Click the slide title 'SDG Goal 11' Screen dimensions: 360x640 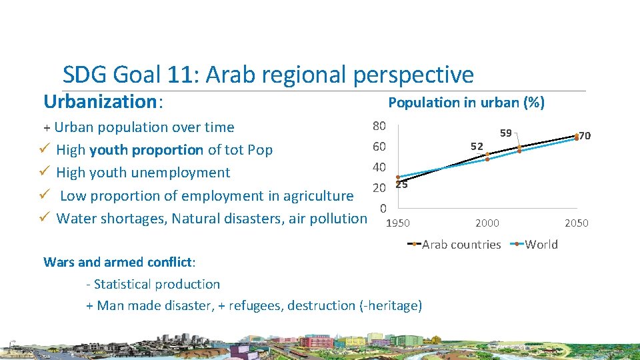pos(267,75)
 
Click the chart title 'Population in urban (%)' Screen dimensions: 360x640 pos(466,103)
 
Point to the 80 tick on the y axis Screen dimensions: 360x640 pos(379,126)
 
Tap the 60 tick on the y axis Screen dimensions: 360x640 pos(379,147)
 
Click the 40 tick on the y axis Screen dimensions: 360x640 pos(379,167)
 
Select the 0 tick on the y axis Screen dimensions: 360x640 pos(383,208)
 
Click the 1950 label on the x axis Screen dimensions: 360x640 pos(398,223)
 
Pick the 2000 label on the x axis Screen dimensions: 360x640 pos(487,223)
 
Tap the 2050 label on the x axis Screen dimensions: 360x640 pos(576,223)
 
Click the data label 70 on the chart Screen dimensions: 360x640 pos(585,136)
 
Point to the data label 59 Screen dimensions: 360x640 pos(506,133)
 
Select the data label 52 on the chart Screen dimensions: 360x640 pos(477,145)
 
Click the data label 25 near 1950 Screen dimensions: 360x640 pos(401,185)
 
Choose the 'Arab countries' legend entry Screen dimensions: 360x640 pos(461,245)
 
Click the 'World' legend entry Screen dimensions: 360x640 pos(541,245)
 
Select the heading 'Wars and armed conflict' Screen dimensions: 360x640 pos(118,261)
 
